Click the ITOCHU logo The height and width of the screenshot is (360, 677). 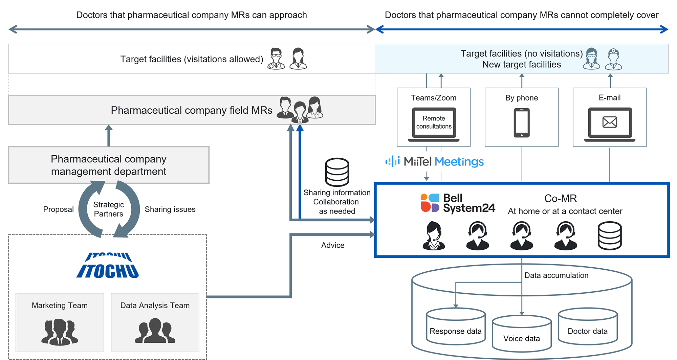[x=108, y=266]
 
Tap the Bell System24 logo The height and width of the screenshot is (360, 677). [x=458, y=203]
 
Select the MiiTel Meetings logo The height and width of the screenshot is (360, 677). [x=435, y=161]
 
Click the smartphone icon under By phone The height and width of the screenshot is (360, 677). [x=522, y=123]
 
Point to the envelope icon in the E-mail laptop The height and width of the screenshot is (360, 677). [x=610, y=122]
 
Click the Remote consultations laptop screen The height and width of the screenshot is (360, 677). [x=434, y=122]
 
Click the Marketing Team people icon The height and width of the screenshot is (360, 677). [x=60, y=332]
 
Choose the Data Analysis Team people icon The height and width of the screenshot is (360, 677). [x=155, y=331]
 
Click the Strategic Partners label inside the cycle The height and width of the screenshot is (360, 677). [x=109, y=209]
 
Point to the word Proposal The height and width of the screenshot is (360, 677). [x=58, y=209]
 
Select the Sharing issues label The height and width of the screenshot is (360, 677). [x=170, y=209]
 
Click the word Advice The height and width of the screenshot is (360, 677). [x=333, y=245]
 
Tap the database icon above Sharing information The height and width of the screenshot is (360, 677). [x=337, y=172]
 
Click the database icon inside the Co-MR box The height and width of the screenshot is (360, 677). [x=609, y=236]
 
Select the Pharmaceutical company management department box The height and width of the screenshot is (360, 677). [x=109, y=165]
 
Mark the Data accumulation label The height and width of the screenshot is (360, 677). [x=556, y=275]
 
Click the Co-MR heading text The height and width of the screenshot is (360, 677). [x=561, y=198]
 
